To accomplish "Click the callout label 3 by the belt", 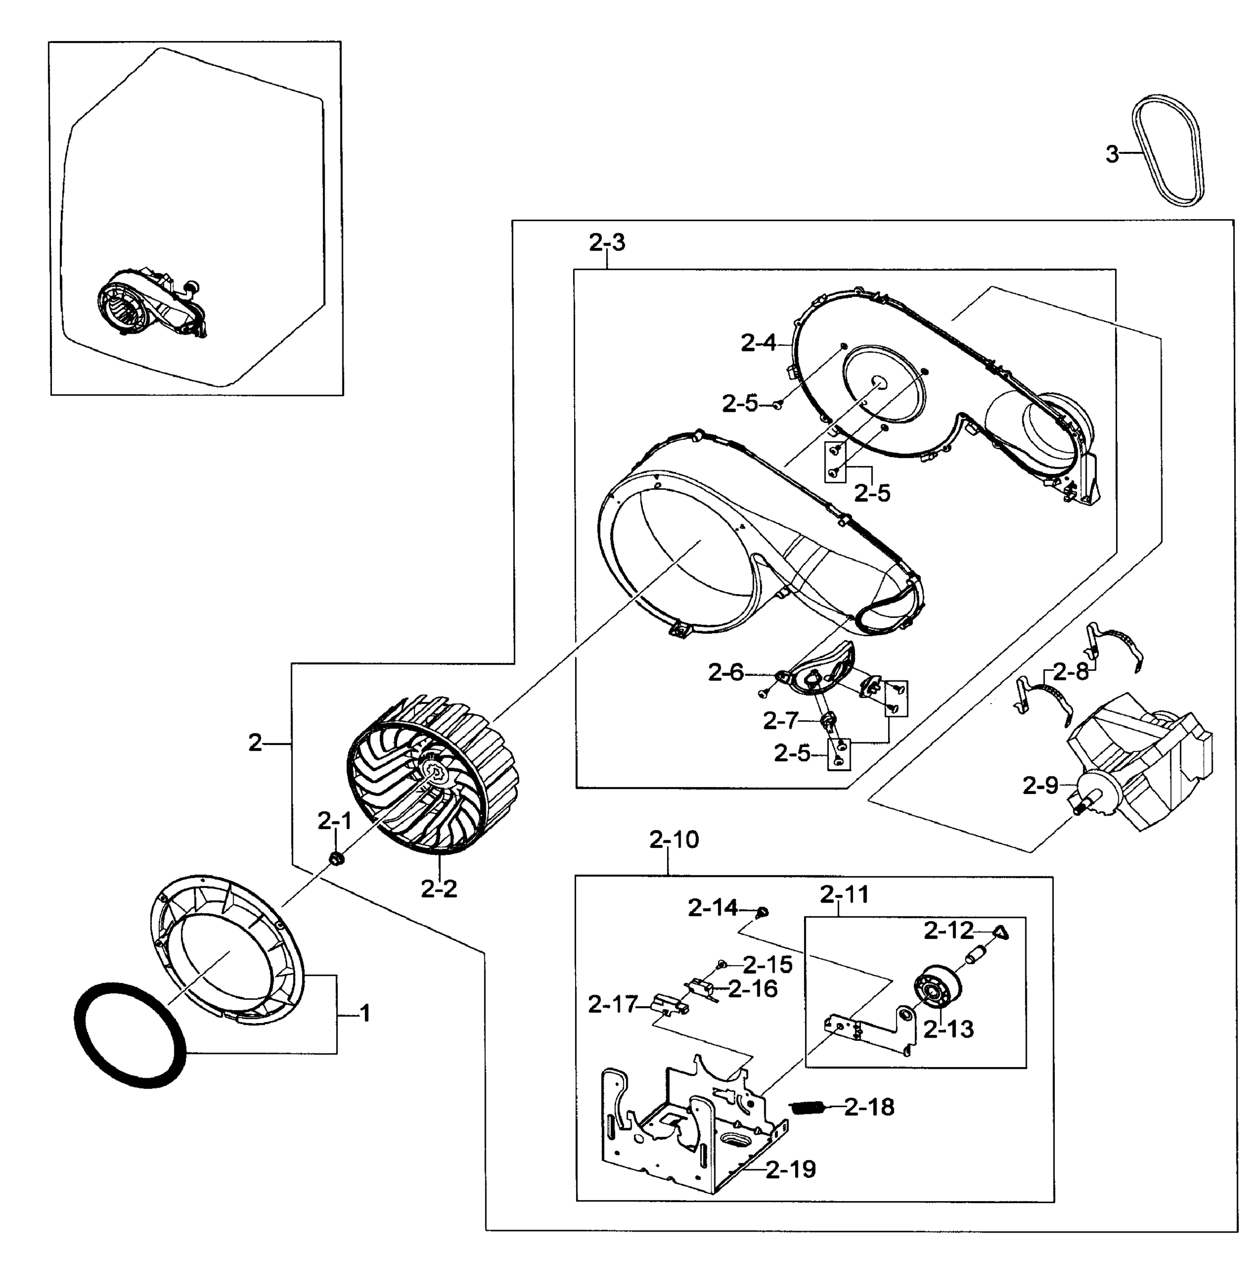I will click(x=1111, y=154).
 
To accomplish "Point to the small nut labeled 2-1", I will click(x=337, y=859).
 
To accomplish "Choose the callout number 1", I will click(x=365, y=1013).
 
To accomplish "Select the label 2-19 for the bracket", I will click(x=790, y=1169).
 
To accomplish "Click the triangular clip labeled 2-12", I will click(x=1001, y=933).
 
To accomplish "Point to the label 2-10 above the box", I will click(x=674, y=840).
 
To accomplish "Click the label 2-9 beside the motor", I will click(x=1040, y=785).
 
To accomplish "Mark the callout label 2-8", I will click(x=1070, y=671).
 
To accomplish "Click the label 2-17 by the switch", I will click(x=612, y=1005).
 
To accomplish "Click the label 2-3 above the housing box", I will click(x=607, y=243).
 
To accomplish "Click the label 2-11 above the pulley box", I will click(x=844, y=894).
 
